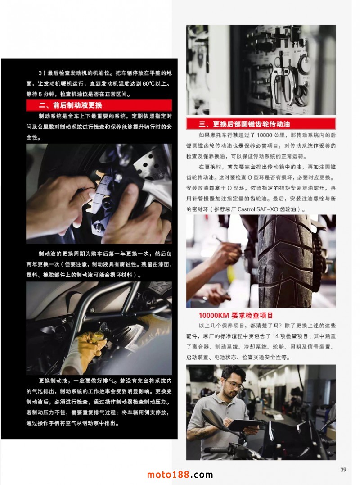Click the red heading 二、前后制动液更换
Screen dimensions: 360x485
(x=71, y=105)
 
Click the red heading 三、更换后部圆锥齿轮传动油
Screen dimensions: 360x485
(x=244, y=124)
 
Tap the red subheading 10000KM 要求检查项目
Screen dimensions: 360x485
(x=236, y=316)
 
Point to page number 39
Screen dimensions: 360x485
(x=343, y=470)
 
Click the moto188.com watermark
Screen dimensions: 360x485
(x=180, y=475)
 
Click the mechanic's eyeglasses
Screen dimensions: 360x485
(x=234, y=385)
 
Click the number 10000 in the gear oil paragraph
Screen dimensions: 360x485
(x=264, y=135)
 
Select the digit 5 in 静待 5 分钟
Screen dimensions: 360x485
(x=40, y=94)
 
